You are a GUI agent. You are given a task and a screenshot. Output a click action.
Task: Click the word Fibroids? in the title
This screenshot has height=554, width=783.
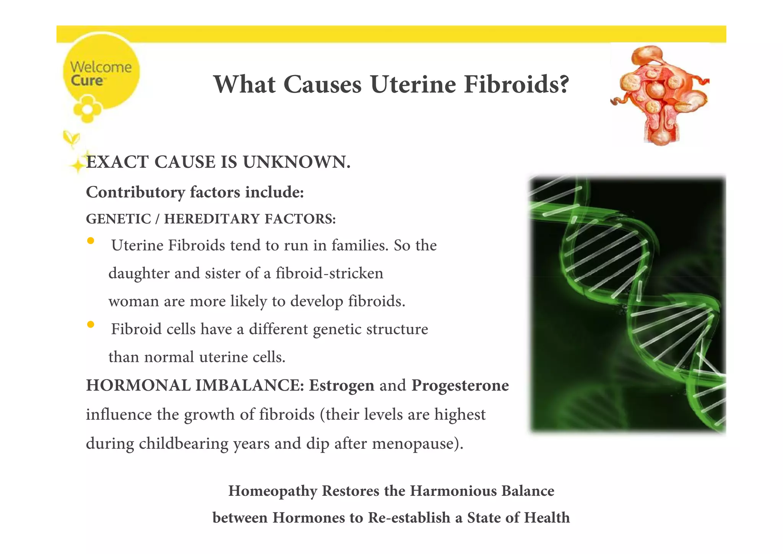click(516, 84)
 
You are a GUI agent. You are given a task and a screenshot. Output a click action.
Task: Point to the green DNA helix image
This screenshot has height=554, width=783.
click(627, 305)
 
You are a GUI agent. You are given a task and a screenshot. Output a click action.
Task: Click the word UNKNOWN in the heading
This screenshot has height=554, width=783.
click(296, 162)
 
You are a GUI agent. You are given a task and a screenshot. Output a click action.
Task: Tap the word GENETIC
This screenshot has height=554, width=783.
click(119, 219)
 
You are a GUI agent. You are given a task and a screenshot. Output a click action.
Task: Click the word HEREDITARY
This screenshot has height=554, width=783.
click(212, 219)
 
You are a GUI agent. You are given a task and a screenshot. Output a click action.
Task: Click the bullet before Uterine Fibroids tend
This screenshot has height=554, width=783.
click(91, 241)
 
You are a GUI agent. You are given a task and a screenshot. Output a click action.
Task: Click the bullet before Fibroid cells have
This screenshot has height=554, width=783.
click(91, 324)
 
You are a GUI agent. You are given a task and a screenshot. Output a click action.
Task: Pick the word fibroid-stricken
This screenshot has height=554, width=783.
click(329, 273)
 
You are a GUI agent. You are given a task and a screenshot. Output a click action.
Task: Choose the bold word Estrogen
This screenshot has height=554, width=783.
click(341, 385)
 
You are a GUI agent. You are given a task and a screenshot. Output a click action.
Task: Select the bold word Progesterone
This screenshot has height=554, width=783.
click(460, 385)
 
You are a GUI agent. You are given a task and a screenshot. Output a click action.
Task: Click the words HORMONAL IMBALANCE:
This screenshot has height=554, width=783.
click(195, 385)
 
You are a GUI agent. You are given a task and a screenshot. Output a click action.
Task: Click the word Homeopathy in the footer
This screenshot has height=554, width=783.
click(273, 491)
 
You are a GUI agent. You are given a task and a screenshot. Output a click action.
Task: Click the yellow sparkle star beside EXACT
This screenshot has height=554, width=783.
click(78, 165)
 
